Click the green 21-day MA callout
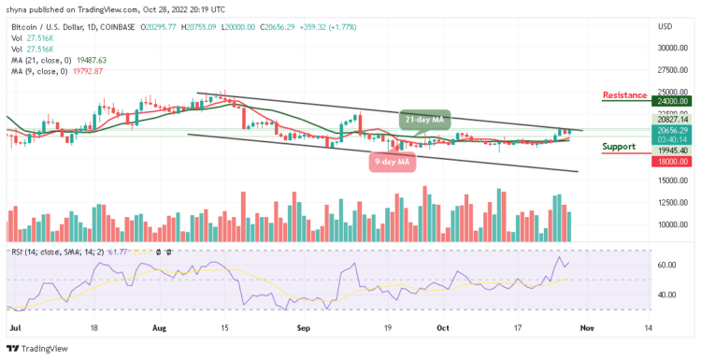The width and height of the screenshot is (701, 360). click(x=426, y=119)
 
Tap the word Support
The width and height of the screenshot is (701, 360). click(x=618, y=146)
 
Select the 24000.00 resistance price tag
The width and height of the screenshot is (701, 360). click(x=673, y=101)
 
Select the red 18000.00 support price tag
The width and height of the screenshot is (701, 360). click(x=673, y=161)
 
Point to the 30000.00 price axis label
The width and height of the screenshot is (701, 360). click(x=673, y=48)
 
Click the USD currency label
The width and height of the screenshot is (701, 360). click(x=665, y=26)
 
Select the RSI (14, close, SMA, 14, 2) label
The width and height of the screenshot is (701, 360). click(x=65, y=252)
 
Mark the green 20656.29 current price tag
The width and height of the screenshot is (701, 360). click(x=673, y=130)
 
